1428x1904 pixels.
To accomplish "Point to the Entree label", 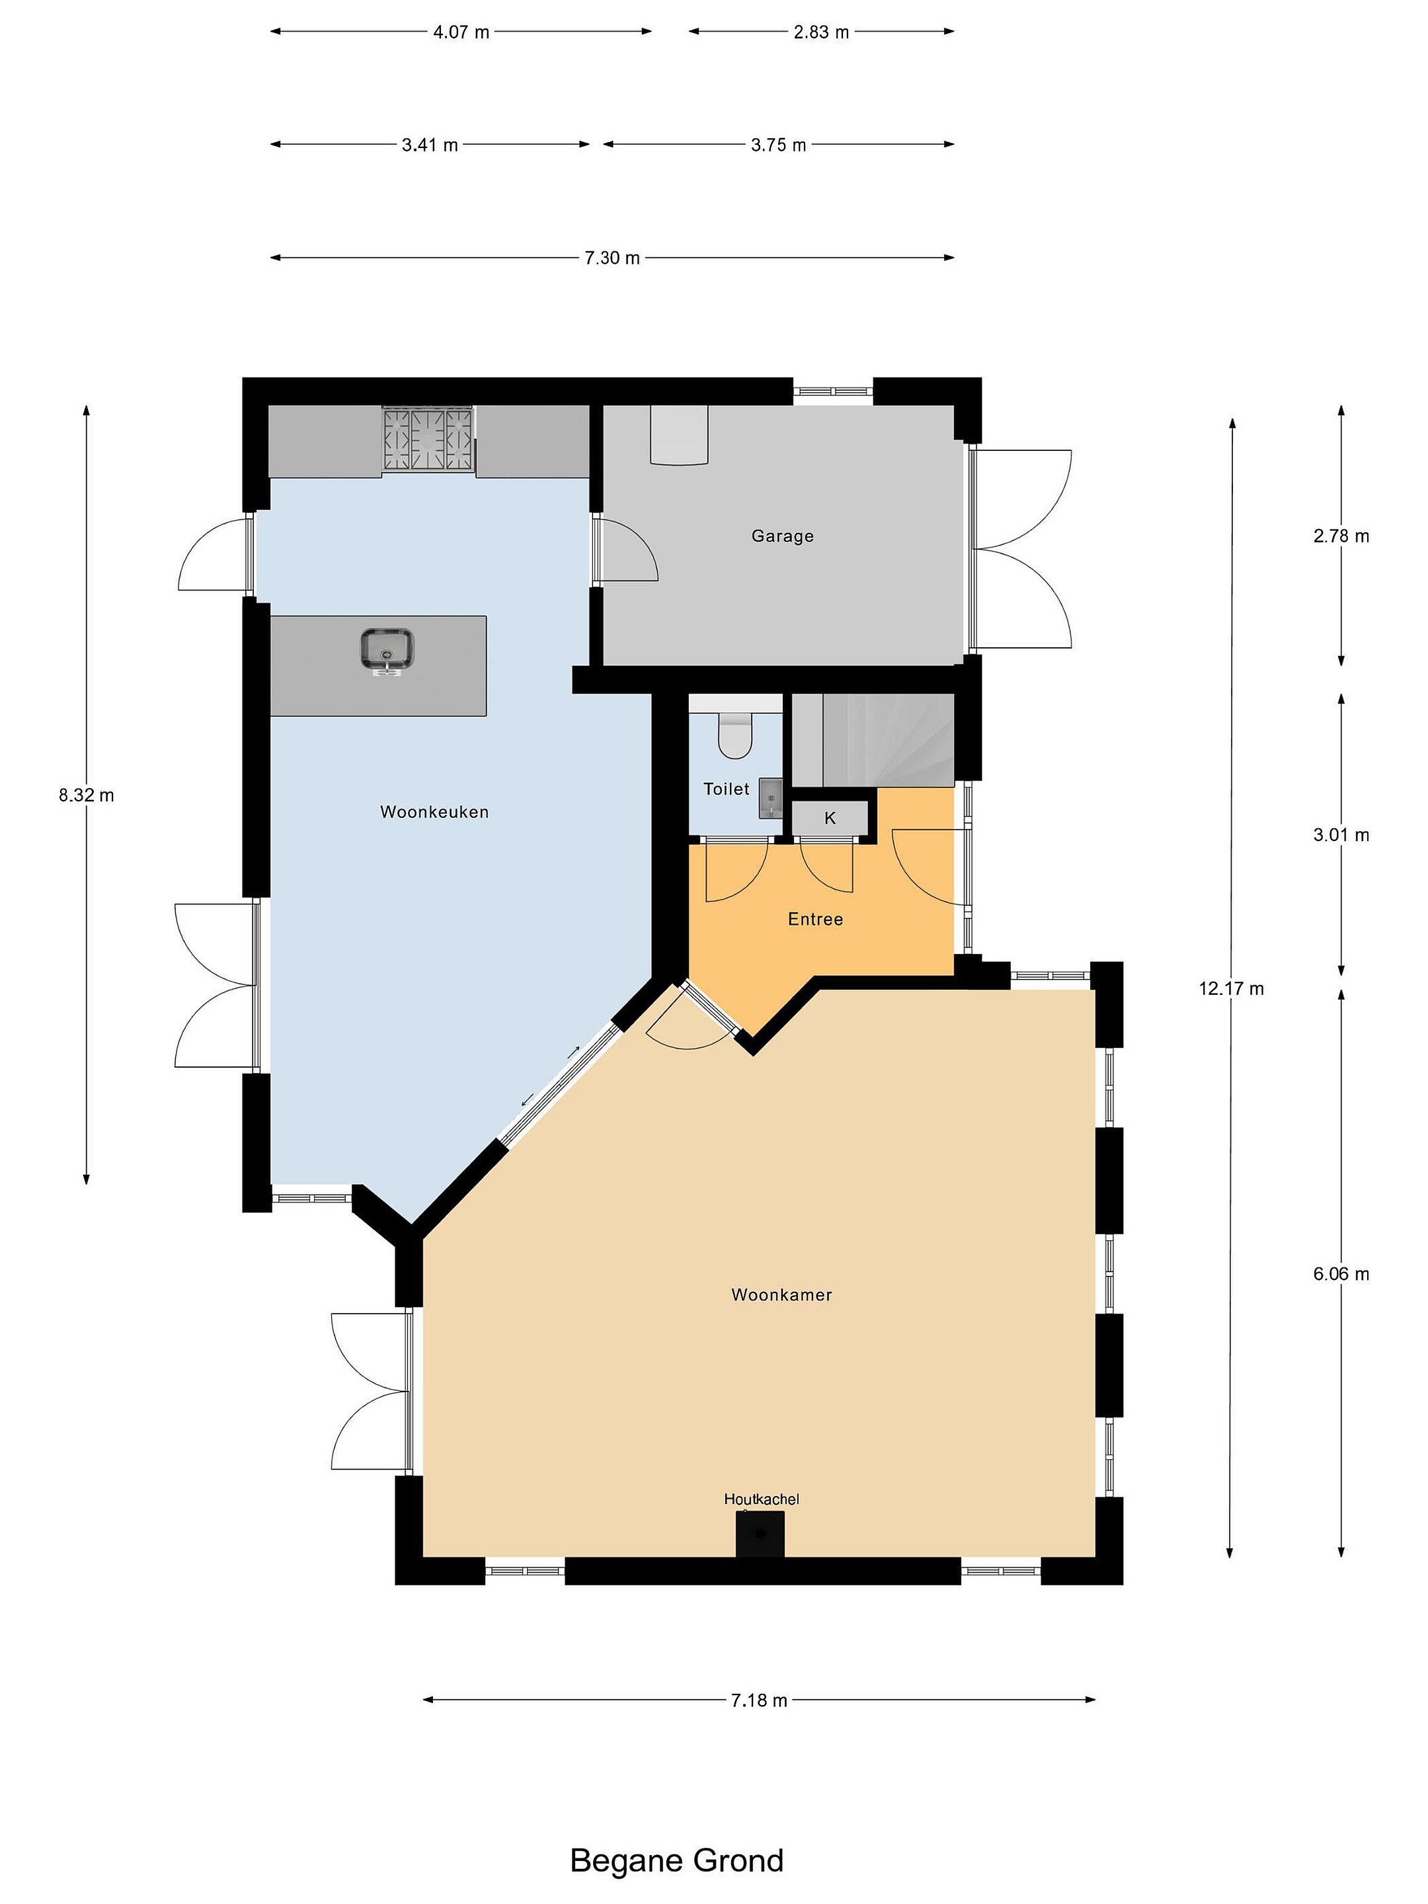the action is click(815, 920).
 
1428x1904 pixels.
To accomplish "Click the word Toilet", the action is click(726, 789).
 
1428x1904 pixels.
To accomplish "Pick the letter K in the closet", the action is click(830, 818).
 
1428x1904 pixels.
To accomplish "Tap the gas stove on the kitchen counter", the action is click(428, 439).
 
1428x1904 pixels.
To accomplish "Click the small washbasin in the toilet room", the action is click(770, 798).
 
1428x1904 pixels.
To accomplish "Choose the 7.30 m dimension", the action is click(612, 257).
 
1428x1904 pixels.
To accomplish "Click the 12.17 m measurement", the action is click(1231, 988).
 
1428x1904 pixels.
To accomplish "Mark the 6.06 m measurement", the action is click(1340, 1274).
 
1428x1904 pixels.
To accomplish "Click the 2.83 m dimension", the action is click(821, 32).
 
